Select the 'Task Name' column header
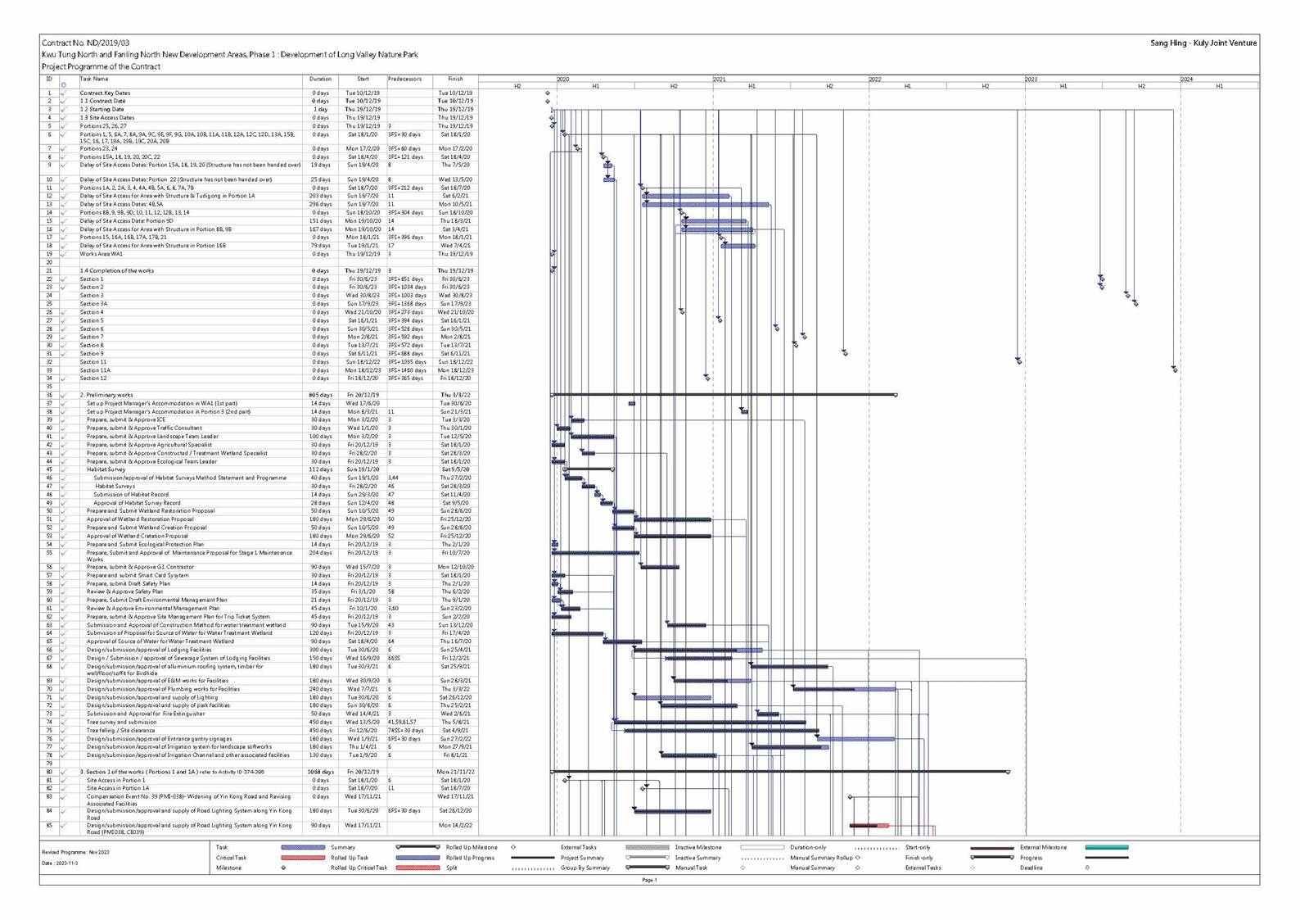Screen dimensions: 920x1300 point(94,79)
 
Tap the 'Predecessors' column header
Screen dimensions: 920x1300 point(404,79)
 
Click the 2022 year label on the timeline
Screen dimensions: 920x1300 point(875,79)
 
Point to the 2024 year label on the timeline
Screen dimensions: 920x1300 point(1186,79)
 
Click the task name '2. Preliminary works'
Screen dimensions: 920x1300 point(106,395)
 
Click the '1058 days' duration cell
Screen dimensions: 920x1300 point(320,772)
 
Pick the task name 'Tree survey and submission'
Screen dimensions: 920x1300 point(121,722)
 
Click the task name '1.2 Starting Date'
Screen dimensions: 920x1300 point(102,109)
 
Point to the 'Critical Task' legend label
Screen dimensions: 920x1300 point(231,858)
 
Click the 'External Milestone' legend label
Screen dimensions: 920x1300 point(1044,847)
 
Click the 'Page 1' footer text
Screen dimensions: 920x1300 point(649,880)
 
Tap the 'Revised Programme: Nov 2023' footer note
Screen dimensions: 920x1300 point(75,852)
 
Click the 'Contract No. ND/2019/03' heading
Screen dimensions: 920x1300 point(85,43)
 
